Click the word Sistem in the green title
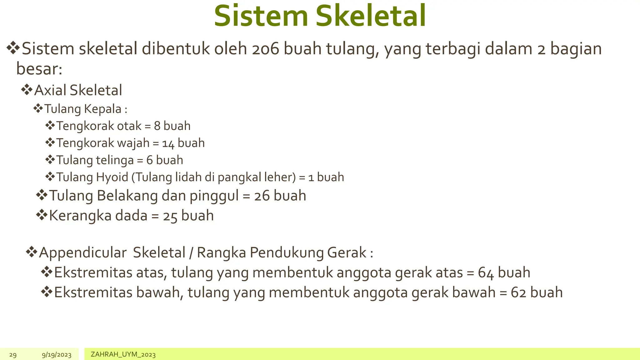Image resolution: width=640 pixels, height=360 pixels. (x=261, y=16)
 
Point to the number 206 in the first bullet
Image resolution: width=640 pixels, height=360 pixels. (x=265, y=49)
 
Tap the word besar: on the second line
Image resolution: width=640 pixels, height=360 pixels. (x=39, y=69)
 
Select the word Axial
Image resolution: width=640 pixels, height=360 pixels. (x=50, y=90)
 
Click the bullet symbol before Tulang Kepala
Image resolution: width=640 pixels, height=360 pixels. (x=38, y=109)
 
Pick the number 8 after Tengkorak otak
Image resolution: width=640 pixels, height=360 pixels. (x=157, y=126)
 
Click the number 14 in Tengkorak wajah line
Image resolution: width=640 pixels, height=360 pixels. (x=168, y=143)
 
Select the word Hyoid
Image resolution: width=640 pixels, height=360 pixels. (x=112, y=177)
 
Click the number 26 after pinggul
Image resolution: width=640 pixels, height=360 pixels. (x=262, y=196)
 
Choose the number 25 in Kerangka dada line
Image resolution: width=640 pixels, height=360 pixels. (x=170, y=216)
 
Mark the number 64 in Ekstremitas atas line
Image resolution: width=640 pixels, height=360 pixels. (x=486, y=273)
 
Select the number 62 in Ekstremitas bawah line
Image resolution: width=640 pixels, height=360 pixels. (x=518, y=293)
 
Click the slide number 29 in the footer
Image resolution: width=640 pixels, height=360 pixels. (x=13, y=355)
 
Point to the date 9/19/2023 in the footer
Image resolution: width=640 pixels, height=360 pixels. (x=57, y=355)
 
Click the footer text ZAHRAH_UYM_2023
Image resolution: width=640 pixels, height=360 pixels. (x=123, y=354)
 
